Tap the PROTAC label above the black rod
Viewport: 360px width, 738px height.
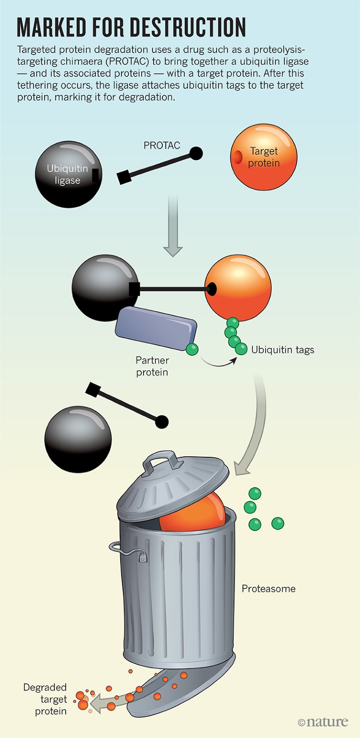tap(161, 146)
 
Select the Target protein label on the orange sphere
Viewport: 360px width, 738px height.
tap(264, 157)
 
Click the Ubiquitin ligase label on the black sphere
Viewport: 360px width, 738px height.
tap(67, 174)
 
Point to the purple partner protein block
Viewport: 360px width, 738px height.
tap(156, 328)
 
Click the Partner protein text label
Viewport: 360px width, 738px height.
tap(152, 366)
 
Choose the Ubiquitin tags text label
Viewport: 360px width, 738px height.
tap(283, 350)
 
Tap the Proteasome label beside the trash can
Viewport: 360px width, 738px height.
tap(268, 589)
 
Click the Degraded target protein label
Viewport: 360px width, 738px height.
tap(45, 699)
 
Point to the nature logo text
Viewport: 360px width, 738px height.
tap(323, 722)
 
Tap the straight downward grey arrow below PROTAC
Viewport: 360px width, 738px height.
tap(173, 225)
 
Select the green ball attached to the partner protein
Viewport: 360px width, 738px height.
tap(192, 349)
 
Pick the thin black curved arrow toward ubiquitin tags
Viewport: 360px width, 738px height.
tap(218, 363)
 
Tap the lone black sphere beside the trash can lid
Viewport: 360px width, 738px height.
tap(78, 439)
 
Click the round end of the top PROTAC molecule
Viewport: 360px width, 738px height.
tap(196, 153)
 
